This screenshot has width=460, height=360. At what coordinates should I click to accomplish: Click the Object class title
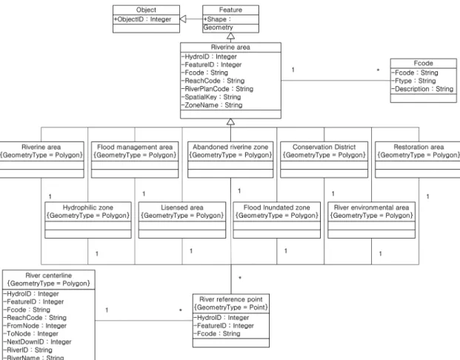(146, 10)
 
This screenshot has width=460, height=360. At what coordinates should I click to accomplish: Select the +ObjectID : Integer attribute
(142, 19)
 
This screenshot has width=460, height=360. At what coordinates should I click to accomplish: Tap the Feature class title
(230, 10)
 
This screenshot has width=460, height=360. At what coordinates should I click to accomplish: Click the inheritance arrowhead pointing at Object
(183, 19)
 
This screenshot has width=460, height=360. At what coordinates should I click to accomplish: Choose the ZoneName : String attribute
(212, 105)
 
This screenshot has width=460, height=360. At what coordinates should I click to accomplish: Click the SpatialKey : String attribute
(211, 97)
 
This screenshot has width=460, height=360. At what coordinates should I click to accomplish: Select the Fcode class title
(423, 63)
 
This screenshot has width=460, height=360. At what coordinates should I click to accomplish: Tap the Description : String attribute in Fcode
(422, 89)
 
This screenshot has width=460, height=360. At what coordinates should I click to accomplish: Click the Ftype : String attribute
(413, 81)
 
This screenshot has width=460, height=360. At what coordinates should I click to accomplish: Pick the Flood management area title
(135, 147)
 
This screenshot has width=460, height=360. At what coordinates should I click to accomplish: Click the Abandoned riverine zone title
(230, 147)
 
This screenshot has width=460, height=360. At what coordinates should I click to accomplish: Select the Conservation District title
(324, 147)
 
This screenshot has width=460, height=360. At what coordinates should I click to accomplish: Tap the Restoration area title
(419, 147)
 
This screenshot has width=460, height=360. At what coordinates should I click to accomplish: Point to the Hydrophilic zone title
(87, 207)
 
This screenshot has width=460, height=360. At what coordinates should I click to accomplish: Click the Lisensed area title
(182, 207)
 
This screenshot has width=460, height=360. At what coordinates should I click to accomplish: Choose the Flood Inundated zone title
(276, 207)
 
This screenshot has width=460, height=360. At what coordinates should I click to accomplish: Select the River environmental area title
(371, 207)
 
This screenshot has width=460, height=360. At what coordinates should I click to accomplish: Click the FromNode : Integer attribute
(35, 326)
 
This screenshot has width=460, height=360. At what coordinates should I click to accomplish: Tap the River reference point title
(231, 299)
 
